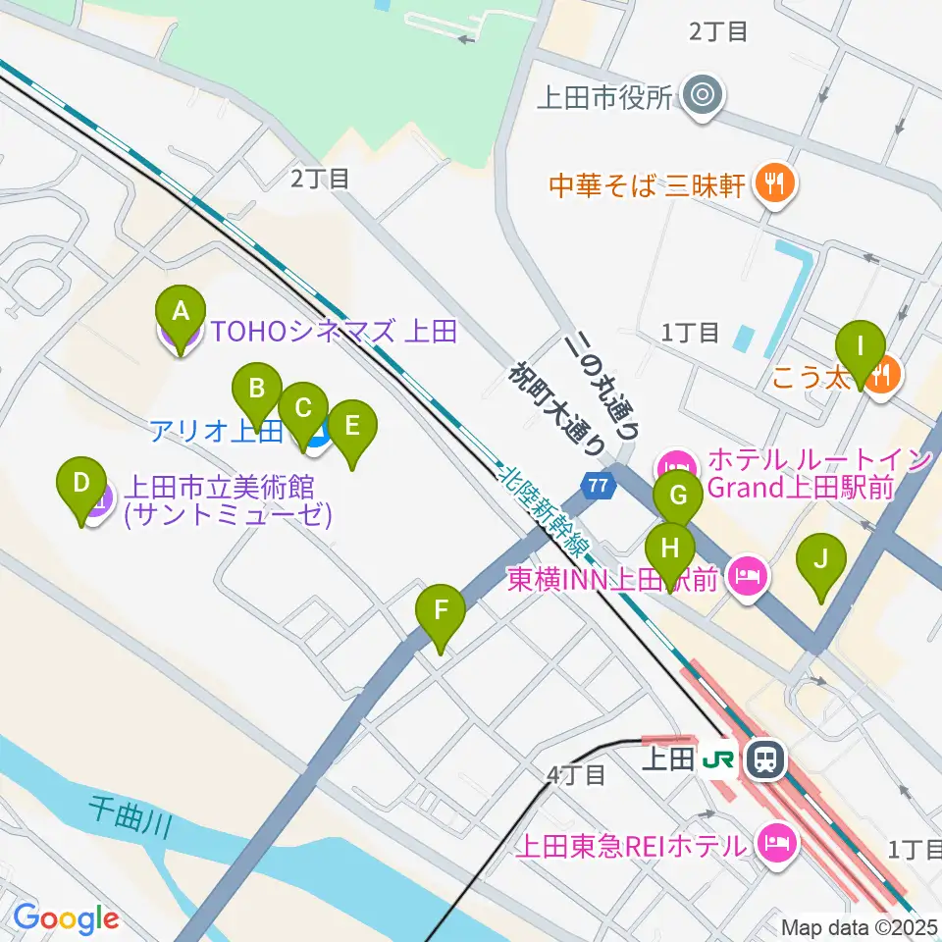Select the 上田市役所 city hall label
click(x=604, y=97)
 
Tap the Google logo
click(x=66, y=918)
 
